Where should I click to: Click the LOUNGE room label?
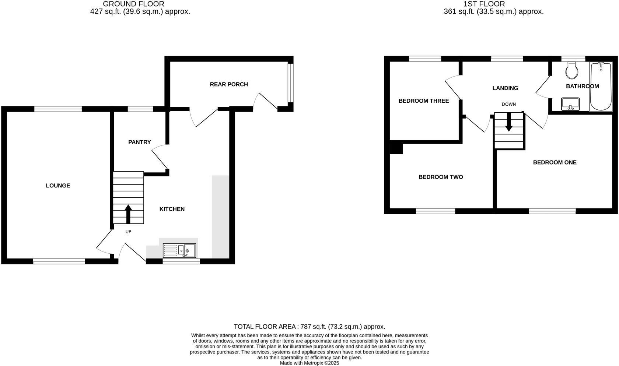[x=58, y=186]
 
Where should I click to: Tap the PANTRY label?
[x=139, y=142]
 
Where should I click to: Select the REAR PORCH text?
[x=229, y=84]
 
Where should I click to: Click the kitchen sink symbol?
[x=179, y=250]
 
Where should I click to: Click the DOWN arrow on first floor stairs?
[x=508, y=123]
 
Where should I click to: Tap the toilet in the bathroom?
[x=572, y=70]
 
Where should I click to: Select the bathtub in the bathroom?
[x=601, y=87]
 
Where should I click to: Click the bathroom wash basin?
[x=570, y=104]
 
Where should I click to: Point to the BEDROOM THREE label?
[x=423, y=101]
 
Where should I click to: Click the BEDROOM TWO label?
[x=440, y=177]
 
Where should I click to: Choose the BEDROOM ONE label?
[x=555, y=162]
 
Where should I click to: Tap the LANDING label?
[x=505, y=88]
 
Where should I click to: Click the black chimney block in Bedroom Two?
[x=396, y=148]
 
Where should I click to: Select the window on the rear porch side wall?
[x=290, y=82]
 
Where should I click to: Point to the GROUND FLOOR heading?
[x=133, y=4]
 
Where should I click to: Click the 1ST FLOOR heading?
[x=484, y=4]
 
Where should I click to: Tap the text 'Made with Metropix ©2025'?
[x=309, y=363]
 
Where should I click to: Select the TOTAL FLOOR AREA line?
[x=309, y=327]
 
